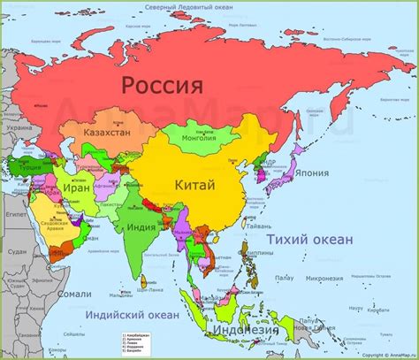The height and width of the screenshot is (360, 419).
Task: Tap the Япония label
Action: point(314,172)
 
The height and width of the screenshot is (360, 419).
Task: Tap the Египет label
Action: point(15,214)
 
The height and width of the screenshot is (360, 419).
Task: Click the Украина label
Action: point(17,127)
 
